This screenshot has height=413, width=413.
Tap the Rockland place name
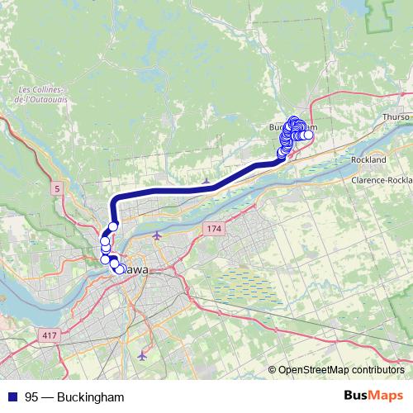click(368, 159)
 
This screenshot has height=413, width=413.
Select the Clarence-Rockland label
click(381, 179)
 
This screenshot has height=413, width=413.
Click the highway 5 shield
click(56, 189)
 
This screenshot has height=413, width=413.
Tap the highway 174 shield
click(214, 227)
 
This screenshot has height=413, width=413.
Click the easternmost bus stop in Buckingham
click(309, 135)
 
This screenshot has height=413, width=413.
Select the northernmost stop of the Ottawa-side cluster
click(113, 225)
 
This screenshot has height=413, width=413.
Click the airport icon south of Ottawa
click(142, 356)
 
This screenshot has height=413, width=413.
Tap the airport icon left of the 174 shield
click(157, 235)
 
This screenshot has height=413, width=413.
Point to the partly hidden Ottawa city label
click(135, 269)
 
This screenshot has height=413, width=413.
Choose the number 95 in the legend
click(32, 396)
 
